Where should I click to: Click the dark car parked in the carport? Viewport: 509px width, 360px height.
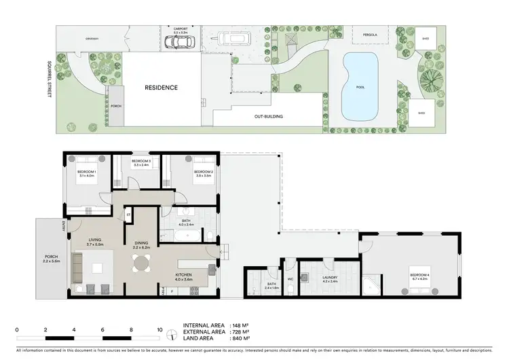(181, 42)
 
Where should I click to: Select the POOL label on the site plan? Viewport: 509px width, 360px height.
(360, 88)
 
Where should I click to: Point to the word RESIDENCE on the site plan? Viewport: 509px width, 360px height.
(161, 88)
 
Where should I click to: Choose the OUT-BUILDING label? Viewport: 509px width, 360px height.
(269, 116)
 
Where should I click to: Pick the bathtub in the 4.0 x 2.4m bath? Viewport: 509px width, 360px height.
(185, 236)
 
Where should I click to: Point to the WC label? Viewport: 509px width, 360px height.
(290, 278)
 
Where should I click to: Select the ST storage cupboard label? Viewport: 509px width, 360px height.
(127, 216)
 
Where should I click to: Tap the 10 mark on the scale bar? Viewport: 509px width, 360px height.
(159, 329)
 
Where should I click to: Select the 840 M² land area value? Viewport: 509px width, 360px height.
(240, 338)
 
